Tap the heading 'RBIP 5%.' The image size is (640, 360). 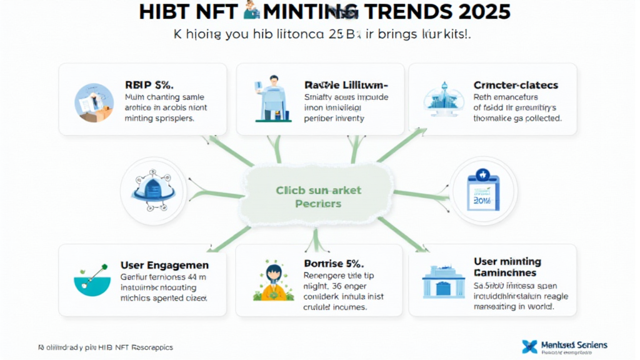click(150, 84)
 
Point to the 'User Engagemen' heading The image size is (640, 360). click(164, 265)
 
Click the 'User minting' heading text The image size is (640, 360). click(507, 262)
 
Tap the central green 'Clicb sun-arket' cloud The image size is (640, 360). click(319, 197)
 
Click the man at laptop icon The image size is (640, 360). click(271, 98)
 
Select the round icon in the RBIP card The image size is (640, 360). click(94, 102)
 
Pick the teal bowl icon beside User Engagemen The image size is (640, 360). click(92, 281)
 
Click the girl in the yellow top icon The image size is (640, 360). click(272, 281)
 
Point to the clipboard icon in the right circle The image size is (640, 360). click(482, 190)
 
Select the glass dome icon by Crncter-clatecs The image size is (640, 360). click(444, 99)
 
